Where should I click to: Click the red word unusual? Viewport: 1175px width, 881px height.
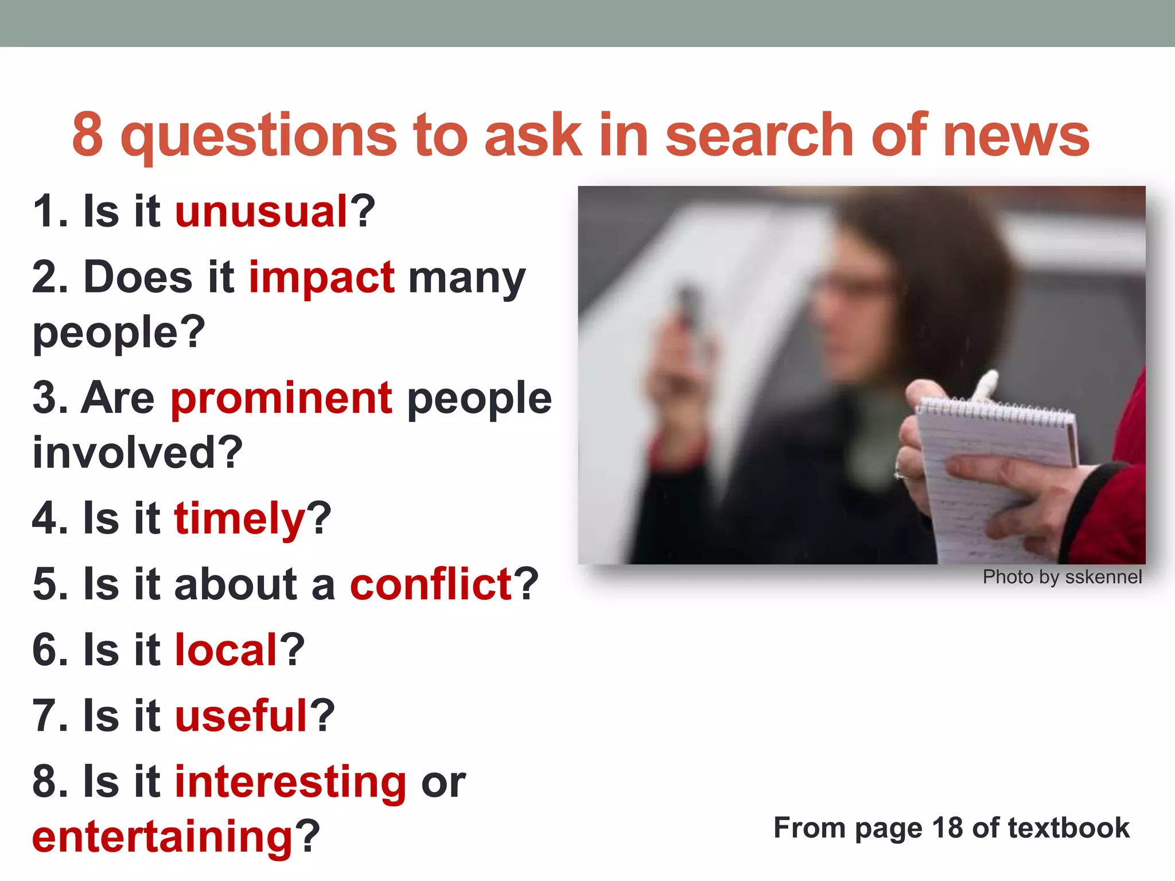(262, 212)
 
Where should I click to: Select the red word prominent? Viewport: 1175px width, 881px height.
(281, 398)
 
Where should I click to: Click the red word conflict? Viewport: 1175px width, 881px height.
(431, 584)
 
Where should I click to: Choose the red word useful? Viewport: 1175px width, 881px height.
(242, 716)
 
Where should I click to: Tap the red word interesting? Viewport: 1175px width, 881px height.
(290, 782)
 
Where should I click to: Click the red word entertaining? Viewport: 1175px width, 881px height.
(162, 837)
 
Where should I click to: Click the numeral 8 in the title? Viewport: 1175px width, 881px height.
(87, 135)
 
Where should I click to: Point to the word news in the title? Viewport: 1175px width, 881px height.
(1016, 135)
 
